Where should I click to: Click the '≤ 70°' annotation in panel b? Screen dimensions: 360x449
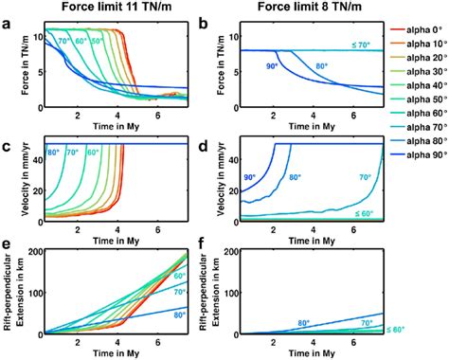pos(361,45)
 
